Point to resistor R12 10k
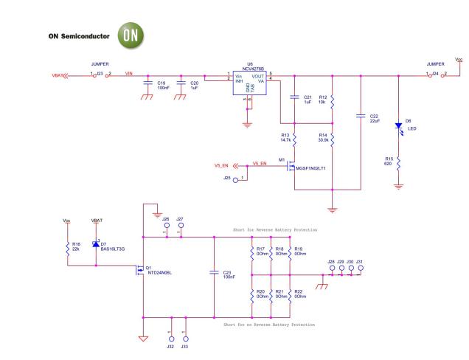pyautogui.click(x=333, y=100)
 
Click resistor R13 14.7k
pyautogui.click(x=295, y=139)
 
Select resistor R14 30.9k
pyautogui.click(x=333, y=139)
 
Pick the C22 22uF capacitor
pyautogui.click(x=361, y=116)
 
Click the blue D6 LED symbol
pyautogui.click(x=399, y=126)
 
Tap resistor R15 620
pyautogui.click(x=399, y=162)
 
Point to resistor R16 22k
pyautogui.click(x=66, y=247)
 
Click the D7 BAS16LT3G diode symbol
pyautogui.click(x=95, y=243)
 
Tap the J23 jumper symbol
pyautogui.click(x=101, y=75)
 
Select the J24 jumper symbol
pyautogui.click(x=436, y=75)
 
